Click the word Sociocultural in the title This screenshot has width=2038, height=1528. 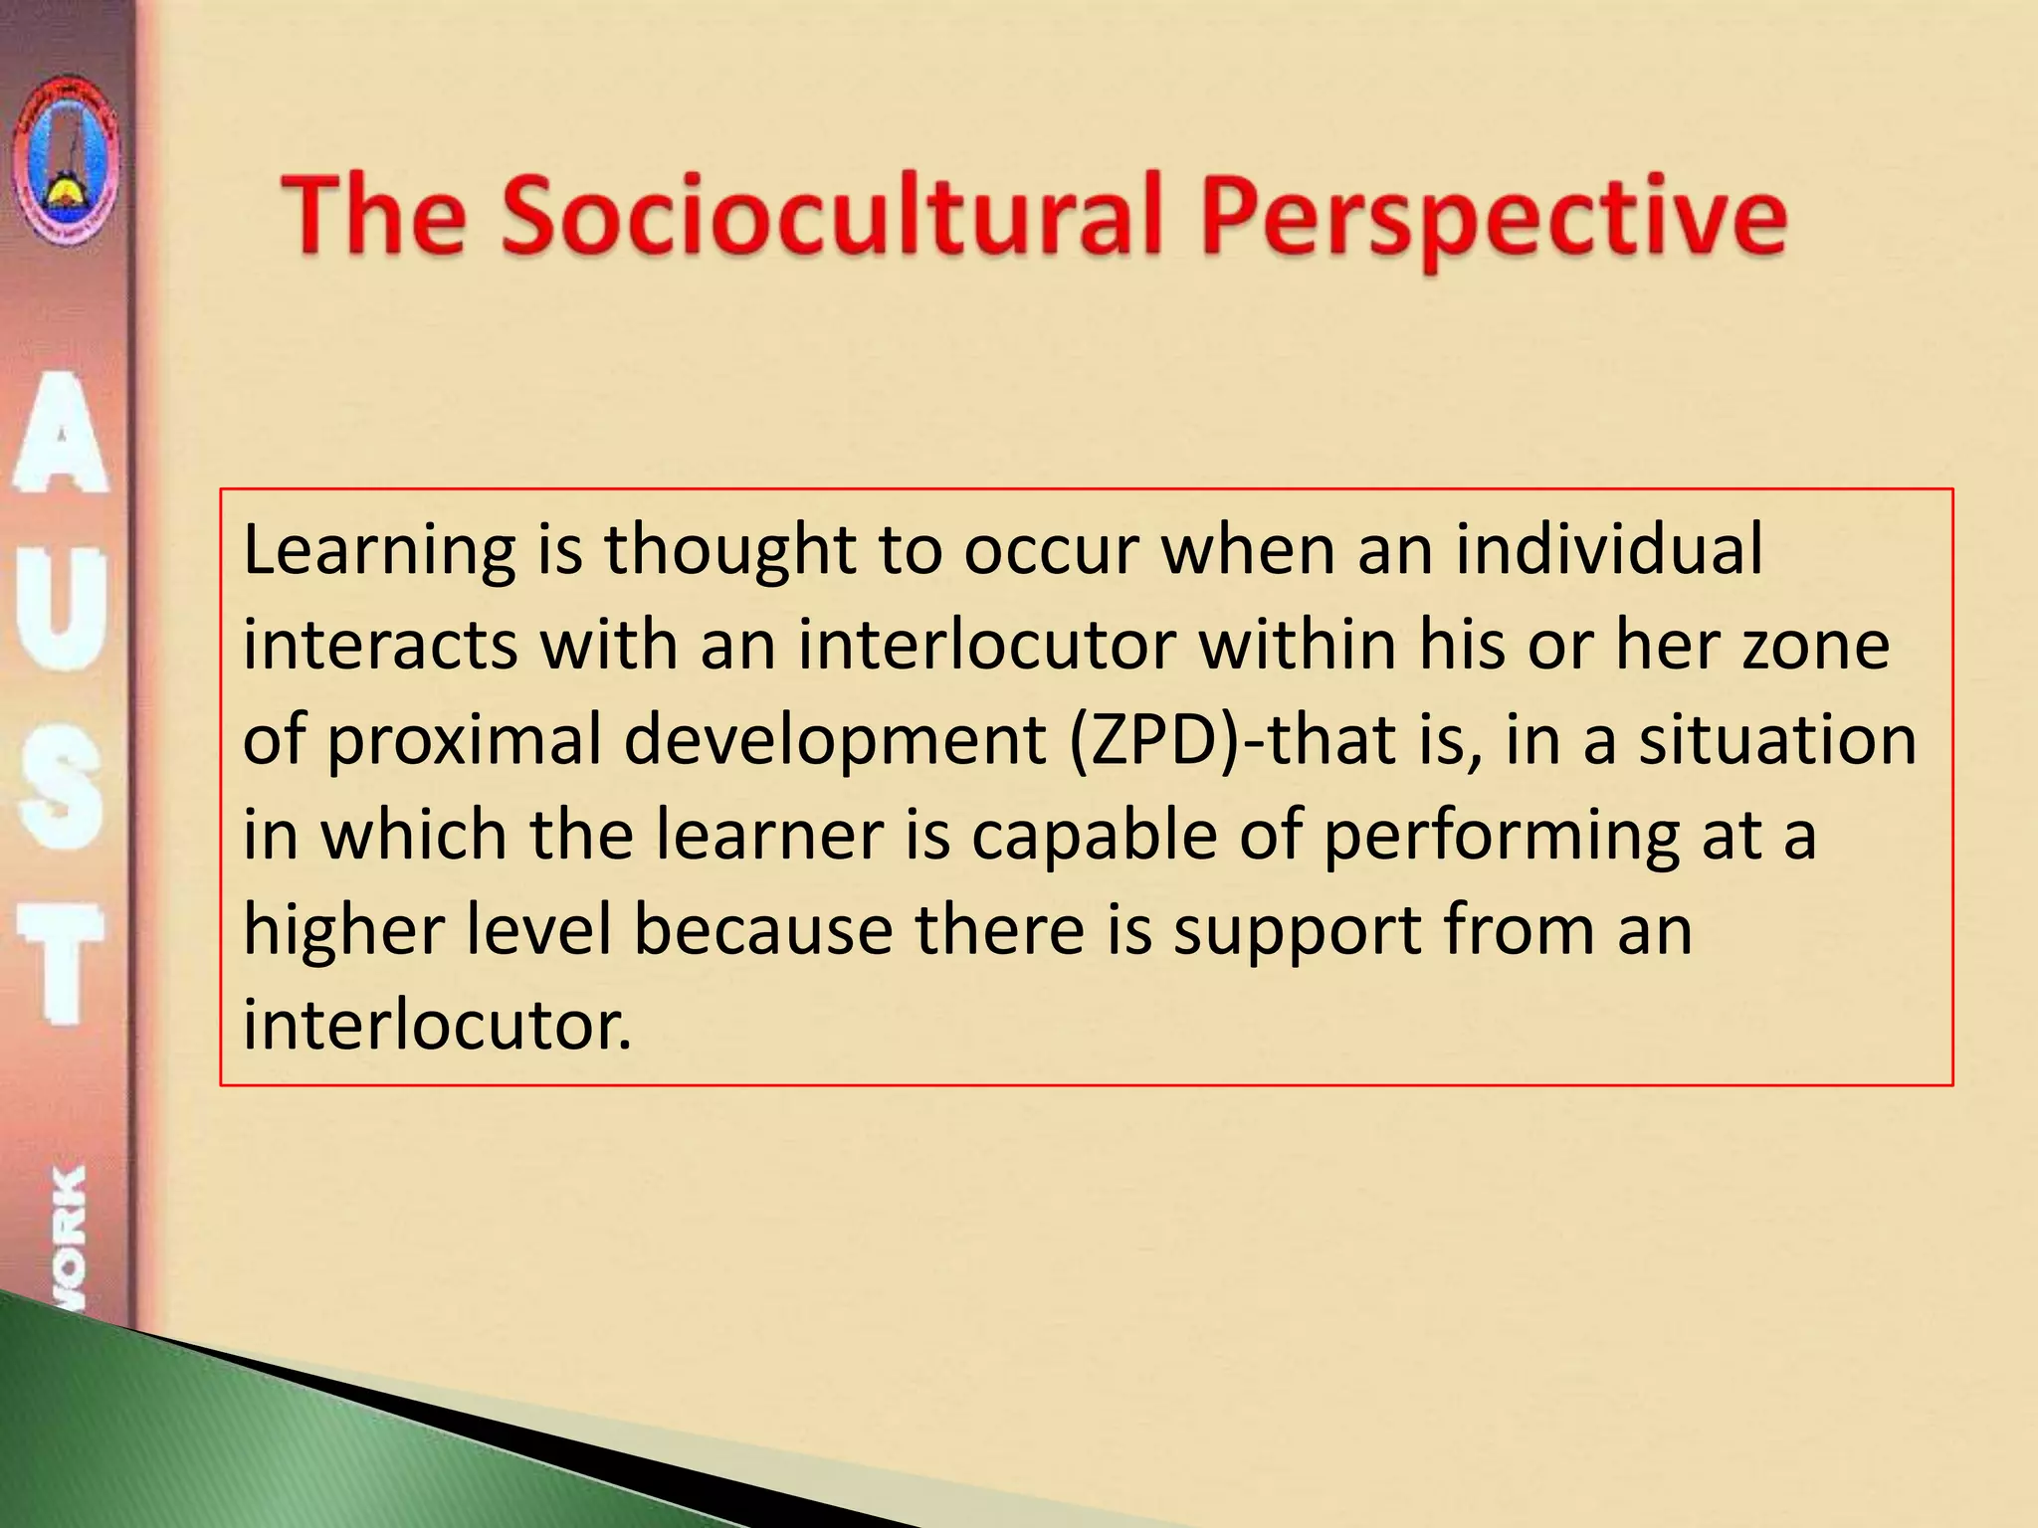(x=831, y=215)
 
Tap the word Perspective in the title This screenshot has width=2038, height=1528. (x=1494, y=219)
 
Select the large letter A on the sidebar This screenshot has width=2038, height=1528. (x=62, y=434)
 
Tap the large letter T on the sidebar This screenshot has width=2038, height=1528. (x=62, y=961)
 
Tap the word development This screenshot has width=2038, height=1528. (x=834, y=741)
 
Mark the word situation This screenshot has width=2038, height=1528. (x=1777, y=741)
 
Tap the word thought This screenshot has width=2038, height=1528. (x=730, y=550)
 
